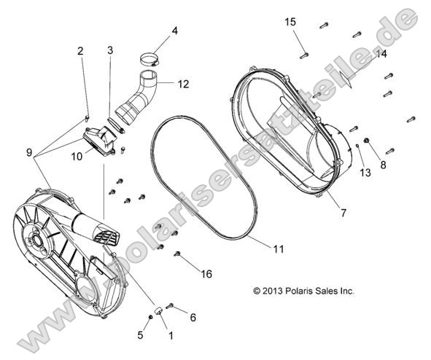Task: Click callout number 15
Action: [x=290, y=23]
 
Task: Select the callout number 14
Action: [x=381, y=55]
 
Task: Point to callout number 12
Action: [x=183, y=85]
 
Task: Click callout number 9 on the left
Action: [x=28, y=153]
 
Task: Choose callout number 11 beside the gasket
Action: [x=278, y=249]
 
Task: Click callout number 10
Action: [x=77, y=155]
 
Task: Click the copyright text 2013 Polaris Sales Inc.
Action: [x=303, y=291]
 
